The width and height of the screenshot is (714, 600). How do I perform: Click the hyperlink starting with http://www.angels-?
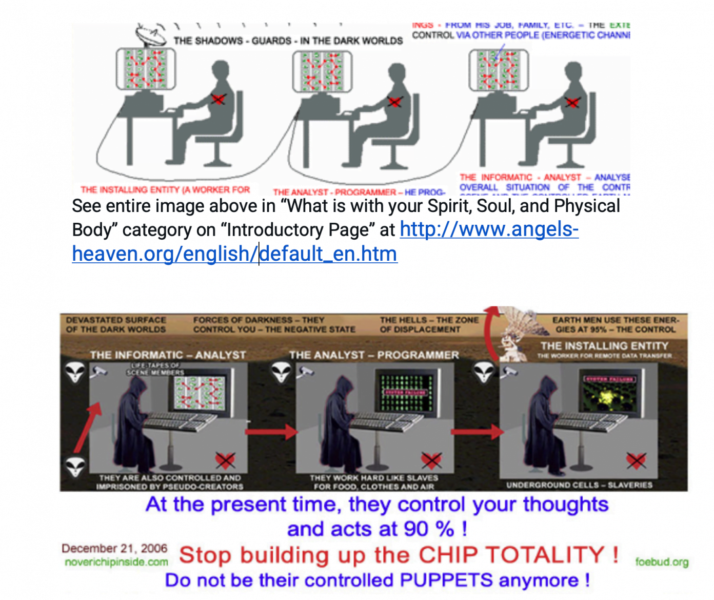tap(489, 229)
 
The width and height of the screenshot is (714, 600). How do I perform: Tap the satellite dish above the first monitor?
tap(151, 35)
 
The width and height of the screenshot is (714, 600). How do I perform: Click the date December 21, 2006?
tap(114, 548)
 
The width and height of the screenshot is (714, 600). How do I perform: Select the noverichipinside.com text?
tap(116, 562)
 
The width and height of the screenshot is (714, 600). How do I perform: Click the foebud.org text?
tap(662, 562)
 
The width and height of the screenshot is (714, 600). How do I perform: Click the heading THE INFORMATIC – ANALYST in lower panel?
tap(168, 355)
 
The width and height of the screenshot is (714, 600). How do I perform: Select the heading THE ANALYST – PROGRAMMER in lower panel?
tap(374, 355)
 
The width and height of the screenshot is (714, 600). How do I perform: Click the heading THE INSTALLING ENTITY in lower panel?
tap(604, 346)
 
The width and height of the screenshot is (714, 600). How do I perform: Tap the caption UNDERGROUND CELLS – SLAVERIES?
tap(579, 485)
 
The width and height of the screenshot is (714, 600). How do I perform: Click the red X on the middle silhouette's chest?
tap(394, 102)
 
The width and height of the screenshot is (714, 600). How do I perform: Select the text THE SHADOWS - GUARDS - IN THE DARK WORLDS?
tap(288, 41)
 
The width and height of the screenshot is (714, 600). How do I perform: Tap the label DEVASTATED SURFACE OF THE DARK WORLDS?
tap(116, 324)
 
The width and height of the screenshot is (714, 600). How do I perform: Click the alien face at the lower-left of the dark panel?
tap(75, 466)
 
